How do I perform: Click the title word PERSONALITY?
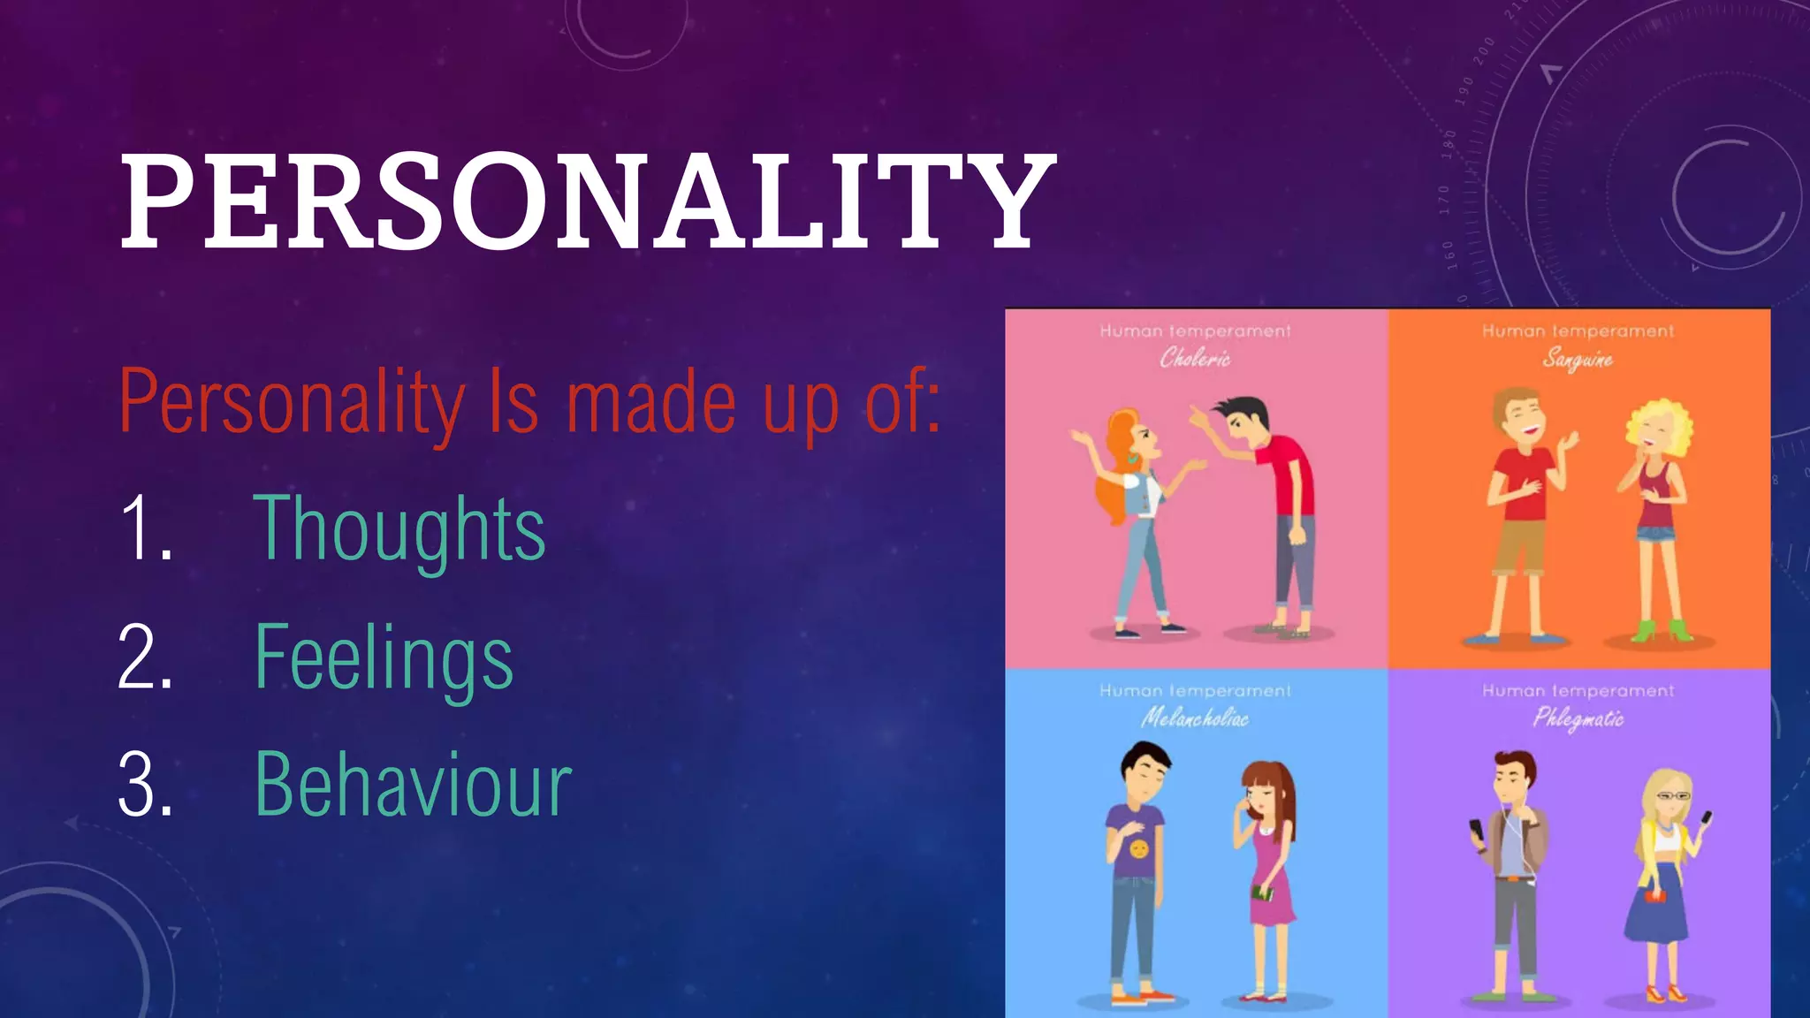pos(588,201)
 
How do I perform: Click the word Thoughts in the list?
pos(399,528)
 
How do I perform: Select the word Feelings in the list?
pos(384,657)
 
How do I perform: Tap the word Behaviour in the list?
pos(413,786)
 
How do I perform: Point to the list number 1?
pos(146,528)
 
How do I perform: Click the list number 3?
pos(146,786)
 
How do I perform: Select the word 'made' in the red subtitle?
pos(650,403)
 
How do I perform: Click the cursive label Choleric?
pos(1195,358)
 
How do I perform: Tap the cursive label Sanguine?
pos(1578,359)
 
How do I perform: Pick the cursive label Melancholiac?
pos(1195,718)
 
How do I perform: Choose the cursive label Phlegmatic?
pos(1578,718)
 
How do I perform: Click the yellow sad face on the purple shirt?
pos(1138,849)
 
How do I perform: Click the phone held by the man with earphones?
pos(1475,831)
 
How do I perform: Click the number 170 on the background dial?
pos(1444,200)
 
